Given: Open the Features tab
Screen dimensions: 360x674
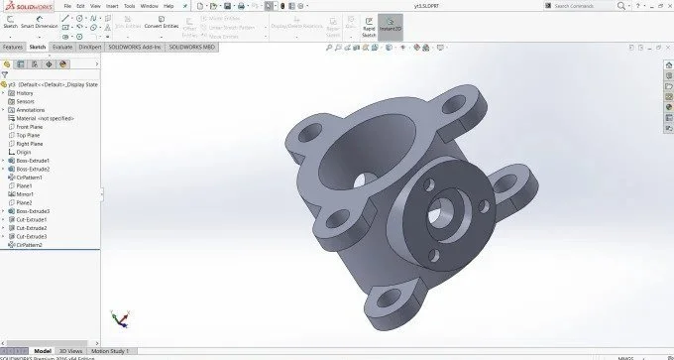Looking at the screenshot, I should [13, 47].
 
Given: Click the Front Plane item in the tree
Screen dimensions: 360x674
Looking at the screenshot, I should [35, 127].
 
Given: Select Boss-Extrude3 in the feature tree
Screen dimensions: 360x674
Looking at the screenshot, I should [34, 211].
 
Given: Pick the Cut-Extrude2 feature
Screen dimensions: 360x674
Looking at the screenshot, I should [33, 228].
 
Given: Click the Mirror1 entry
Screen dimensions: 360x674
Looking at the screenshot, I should [27, 194].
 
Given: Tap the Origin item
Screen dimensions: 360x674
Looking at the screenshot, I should [25, 152].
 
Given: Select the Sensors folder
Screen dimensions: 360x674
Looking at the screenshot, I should [26, 101].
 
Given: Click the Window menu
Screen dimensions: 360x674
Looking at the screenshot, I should [149, 5].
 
